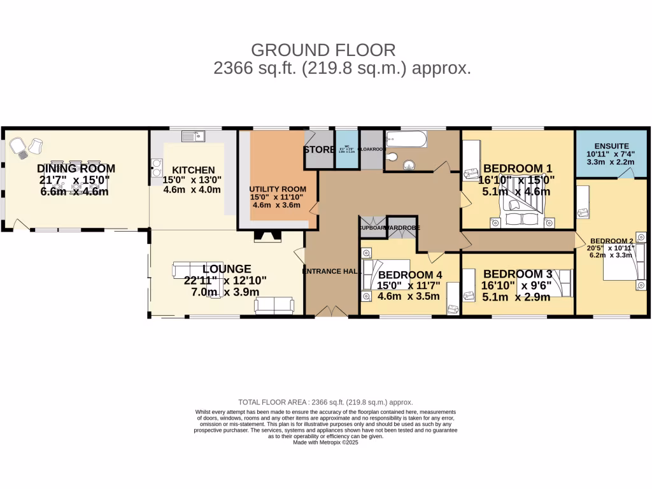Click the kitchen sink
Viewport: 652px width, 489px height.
pyautogui.click(x=191, y=136)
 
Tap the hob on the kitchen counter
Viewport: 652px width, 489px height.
pyautogui.click(x=155, y=168)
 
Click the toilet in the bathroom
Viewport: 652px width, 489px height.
pyautogui.click(x=392, y=157)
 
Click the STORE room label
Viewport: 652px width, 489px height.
pyautogui.click(x=318, y=150)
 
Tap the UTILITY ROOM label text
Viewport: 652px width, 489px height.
pyautogui.click(x=278, y=189)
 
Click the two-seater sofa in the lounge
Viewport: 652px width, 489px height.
pyautogui.click(x=273, y=306)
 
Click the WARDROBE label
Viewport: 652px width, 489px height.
pyautogui.click(x=401, y=227)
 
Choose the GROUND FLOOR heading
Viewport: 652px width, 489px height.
pyautogui.click(x=323, y=50)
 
